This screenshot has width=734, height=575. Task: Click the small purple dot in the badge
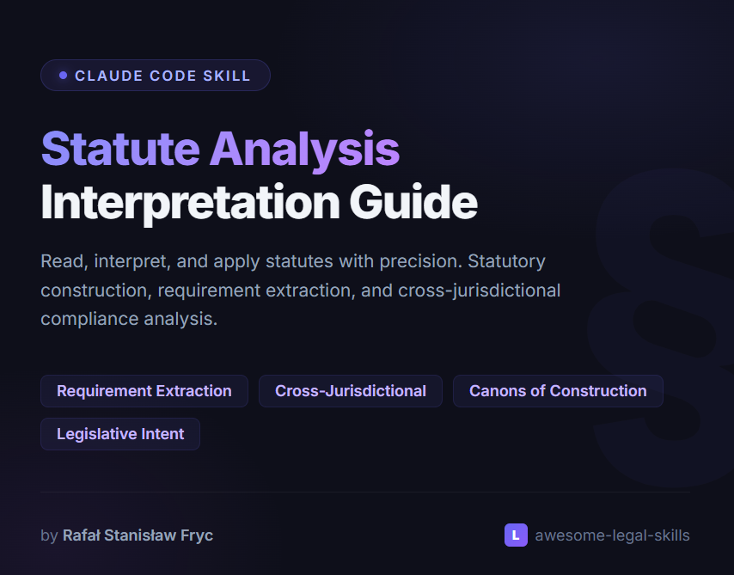pos(63,76)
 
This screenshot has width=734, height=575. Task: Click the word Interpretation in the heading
pos(189,203)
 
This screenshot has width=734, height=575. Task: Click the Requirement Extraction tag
pos(144,391)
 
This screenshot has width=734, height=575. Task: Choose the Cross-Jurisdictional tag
pos(351,391)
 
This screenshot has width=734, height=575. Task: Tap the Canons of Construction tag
pos(558,391)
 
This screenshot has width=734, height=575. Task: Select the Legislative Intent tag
pos(120,434)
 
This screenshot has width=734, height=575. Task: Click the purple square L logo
pos(516,535)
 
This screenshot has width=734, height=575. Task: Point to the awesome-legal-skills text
pos(612,535)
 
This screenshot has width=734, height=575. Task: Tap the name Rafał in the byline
pos(82,535)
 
